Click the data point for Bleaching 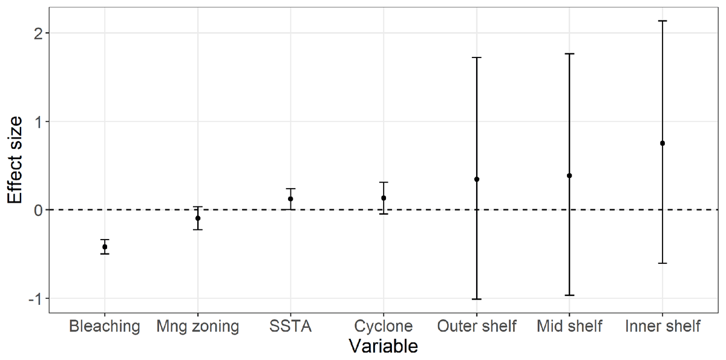(105, 247)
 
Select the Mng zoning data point (198, 218)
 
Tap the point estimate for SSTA (291, 198)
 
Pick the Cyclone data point (384, 198)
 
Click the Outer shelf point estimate (477, 179)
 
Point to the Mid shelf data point (569, 175)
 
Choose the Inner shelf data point (662, 143)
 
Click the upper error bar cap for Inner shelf (662, 21)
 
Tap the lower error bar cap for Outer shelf (477, 299)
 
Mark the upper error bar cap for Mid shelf (569, 54)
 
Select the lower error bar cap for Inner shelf (662, 263)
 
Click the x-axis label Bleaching (105, 327)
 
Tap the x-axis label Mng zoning (198, 327)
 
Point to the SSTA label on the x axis (291, 327)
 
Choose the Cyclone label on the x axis (384, 327)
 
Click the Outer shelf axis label (477, 327)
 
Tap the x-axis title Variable (384, 347)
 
